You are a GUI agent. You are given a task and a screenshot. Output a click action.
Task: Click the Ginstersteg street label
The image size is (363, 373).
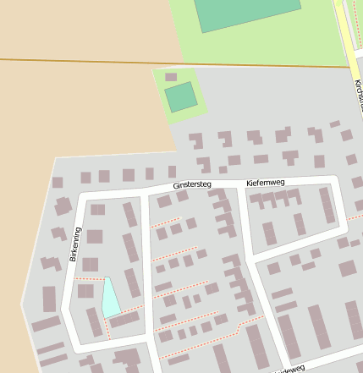pos(191,184)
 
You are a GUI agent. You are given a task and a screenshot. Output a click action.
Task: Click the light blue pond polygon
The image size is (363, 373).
pos(109,298)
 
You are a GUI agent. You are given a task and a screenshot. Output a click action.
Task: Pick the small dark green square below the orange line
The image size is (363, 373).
pos(180,97)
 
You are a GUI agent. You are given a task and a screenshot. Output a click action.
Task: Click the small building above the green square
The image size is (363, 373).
pos(171,77)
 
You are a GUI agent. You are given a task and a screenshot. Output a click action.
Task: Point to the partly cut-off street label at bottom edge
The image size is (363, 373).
pos(292,369)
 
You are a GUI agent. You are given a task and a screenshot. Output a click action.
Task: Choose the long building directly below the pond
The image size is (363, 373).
pos(124,320)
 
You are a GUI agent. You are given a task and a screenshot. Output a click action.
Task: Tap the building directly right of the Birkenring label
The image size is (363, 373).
pos(94,237)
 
